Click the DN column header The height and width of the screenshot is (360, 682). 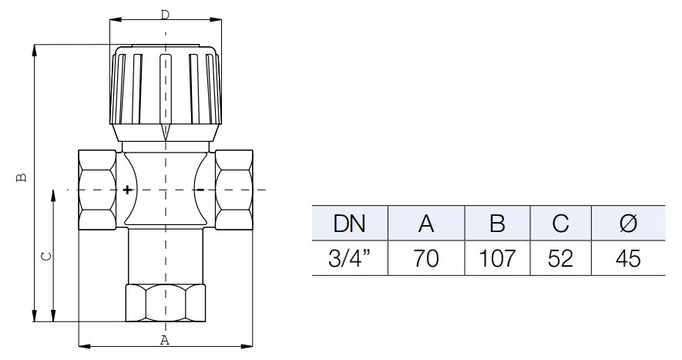[349, 224]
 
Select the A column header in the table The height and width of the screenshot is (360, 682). [426, 224]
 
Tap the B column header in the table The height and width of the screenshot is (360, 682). [497, 224]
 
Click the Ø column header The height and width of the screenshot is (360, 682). [628, 224]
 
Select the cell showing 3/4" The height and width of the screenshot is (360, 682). [349, 258]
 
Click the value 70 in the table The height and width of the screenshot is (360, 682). [426, 258]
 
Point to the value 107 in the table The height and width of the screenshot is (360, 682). [497, 258]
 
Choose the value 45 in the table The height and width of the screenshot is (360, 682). [628, 258]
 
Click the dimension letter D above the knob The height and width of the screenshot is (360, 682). [165, 15]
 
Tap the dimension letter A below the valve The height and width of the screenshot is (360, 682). [164, 340]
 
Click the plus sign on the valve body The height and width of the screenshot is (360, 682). [127, 189]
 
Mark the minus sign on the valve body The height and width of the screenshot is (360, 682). [200, 189]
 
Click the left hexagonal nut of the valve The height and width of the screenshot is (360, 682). [97, 189]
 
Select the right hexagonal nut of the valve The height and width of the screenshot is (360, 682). [233, 189]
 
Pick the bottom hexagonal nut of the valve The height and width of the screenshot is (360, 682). [165, 304]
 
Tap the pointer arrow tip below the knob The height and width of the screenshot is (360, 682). [165, 140]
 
